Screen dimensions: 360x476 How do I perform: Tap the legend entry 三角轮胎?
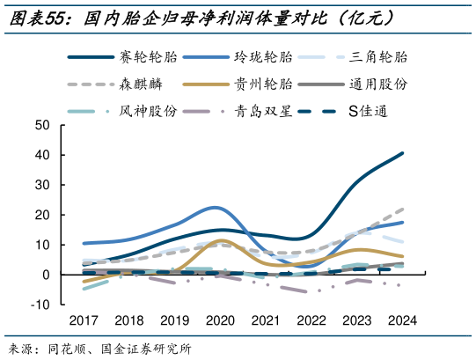[378, 58]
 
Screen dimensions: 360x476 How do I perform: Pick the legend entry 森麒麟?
[139, 84]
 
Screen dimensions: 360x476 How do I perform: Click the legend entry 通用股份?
[378, 84]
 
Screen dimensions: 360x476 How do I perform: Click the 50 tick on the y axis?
[42, 125]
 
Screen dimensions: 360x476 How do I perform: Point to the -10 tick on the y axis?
[40, 305]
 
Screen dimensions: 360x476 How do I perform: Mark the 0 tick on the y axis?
[46, 275]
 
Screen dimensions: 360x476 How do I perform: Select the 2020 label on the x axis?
[220, 321]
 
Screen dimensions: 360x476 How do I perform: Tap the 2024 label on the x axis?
[402, 321]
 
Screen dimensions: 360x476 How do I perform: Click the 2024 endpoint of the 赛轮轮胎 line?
[403, 153]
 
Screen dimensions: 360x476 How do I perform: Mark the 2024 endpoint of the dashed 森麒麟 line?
[403, 209]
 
